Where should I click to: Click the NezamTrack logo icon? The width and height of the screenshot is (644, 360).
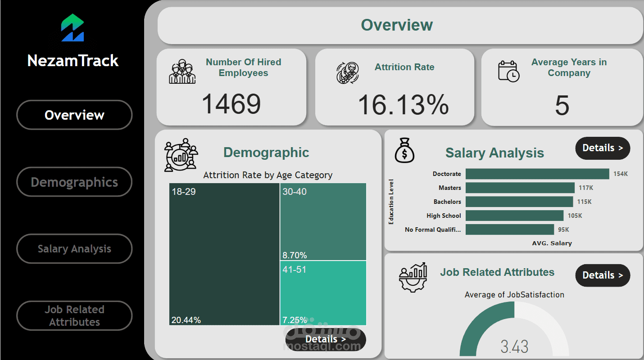coord(73,28)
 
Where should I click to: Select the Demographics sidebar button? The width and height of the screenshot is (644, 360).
coord(74,182)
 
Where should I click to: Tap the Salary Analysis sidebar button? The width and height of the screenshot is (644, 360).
coord(74,249)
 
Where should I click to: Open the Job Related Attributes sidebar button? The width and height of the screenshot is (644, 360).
coord(74,315)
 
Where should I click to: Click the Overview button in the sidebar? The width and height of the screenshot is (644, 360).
coord(74,115)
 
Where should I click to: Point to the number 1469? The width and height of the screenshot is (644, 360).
coord(231,104)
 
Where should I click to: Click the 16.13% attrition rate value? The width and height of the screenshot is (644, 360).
coord(403,105)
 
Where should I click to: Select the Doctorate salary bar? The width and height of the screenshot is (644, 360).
coord(537,174)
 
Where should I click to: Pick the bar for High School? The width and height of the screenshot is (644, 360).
coord(514,216)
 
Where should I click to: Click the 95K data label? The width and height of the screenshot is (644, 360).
coord(563,229)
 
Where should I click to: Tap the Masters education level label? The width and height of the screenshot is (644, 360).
coord(449,188)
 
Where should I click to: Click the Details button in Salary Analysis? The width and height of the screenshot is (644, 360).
coord(603,148)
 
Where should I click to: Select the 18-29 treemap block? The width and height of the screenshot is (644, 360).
coord(224,252)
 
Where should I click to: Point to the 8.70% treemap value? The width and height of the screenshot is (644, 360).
coord(295,255)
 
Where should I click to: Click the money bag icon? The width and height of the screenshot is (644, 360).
coord(404,150)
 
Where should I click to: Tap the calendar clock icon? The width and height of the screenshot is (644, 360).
coord(508,71)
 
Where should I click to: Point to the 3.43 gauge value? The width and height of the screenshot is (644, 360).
coord(514,347)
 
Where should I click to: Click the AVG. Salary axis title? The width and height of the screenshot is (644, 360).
coord(552,243)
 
